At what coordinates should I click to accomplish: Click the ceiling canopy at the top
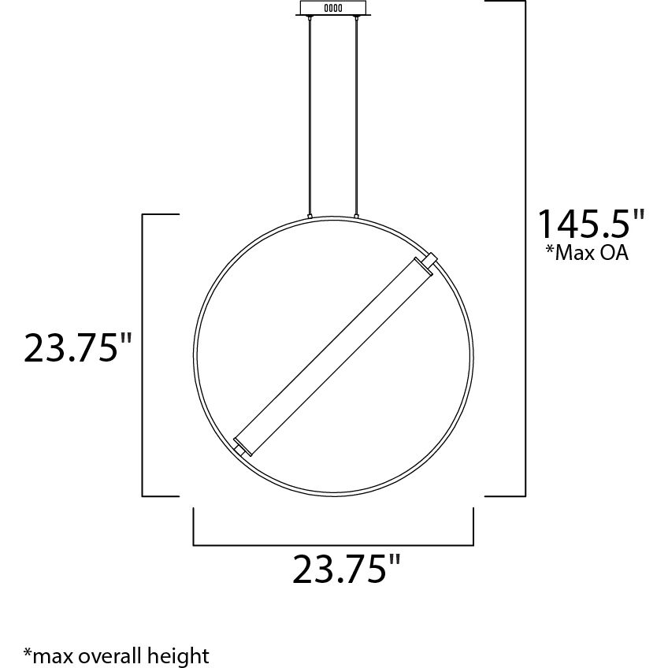point(334,9)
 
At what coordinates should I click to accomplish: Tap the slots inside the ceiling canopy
point(334,9)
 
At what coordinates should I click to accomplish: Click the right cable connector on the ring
point(357,215)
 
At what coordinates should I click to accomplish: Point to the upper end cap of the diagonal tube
point(429,259)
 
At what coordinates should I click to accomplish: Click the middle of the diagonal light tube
point(334,354)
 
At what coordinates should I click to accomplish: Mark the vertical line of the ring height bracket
point(143,354)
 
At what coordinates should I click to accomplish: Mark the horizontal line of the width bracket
point(332,544)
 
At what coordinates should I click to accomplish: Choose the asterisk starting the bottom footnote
point(28,652)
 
